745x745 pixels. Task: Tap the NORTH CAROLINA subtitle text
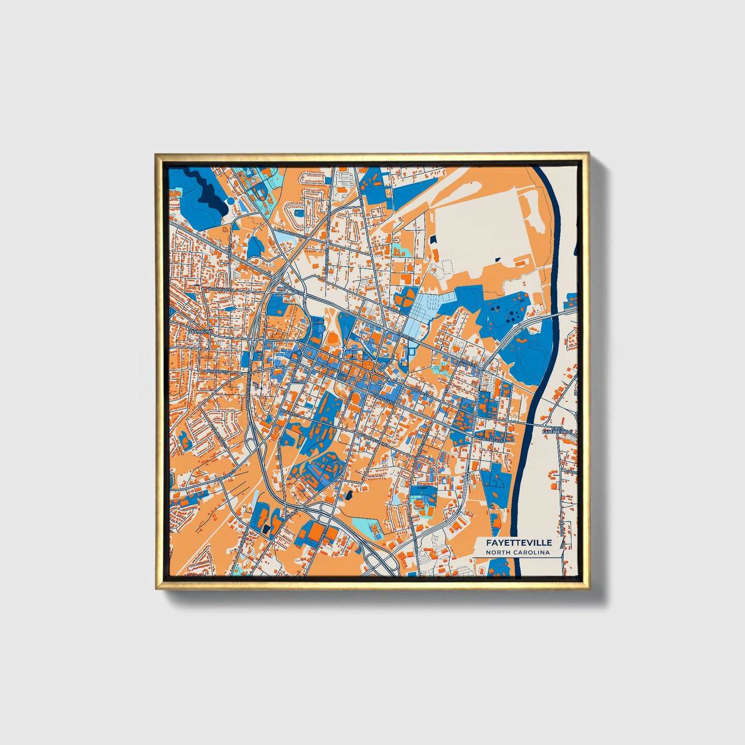[518, 553]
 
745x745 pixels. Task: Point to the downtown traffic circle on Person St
[372, 372]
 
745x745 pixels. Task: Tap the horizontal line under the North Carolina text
[518, 557]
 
